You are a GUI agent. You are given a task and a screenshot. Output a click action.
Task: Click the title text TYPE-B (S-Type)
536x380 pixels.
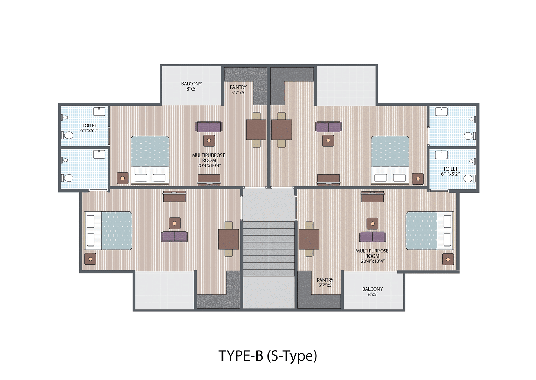click(267, 356)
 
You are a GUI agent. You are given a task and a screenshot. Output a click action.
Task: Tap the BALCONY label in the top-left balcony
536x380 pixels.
click(192, 84)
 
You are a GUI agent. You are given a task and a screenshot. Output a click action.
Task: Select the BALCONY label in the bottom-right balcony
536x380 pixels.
click(373, 289)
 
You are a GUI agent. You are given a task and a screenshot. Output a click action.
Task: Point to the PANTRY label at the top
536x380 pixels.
click(238, 87)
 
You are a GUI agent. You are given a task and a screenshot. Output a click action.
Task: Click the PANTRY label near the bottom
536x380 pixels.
click(325, 280)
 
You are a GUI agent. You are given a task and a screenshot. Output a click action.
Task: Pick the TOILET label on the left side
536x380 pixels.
click(90, 126)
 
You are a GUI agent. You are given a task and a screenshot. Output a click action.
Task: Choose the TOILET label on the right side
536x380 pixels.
click(451, 169)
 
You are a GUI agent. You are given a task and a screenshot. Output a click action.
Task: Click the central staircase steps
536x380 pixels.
click(269, 249)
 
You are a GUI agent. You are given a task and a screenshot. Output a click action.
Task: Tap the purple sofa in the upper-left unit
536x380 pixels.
click(209, 127)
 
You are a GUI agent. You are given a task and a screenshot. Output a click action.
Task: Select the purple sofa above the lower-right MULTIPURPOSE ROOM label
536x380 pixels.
click(373, 237)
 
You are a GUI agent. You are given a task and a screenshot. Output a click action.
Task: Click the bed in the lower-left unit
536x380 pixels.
click(108, 231)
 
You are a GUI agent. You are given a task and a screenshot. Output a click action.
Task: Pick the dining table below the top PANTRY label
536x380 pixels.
click(256, 130)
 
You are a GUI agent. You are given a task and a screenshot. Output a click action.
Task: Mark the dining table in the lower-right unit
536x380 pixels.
click(309, 239)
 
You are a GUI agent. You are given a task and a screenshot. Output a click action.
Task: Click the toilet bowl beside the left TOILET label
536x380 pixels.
click(68, 136)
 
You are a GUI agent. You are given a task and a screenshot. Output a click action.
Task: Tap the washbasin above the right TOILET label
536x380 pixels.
click(441, 154)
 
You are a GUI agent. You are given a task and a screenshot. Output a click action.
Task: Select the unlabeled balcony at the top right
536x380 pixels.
click(346, 86)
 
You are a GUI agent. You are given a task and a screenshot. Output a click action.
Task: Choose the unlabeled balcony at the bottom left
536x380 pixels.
click(165, 290)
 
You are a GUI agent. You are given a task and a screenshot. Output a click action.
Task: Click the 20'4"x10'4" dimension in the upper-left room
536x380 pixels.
click(209, 166)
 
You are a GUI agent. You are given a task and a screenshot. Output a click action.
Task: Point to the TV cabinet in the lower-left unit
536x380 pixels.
click(174, 196)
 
